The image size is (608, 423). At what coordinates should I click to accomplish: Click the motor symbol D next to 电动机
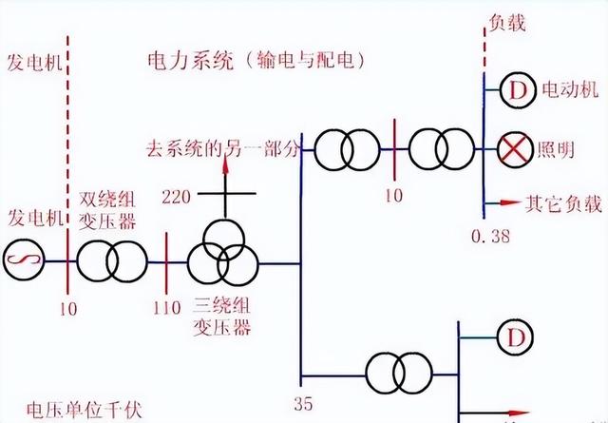coord(516,91)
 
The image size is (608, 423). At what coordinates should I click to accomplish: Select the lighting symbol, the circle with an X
coord(516,148)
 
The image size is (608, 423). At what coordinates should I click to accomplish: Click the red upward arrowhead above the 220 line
coord(226,165)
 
